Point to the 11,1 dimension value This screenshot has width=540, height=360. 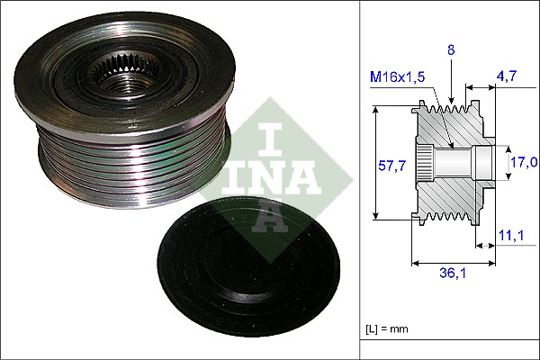pos(511,237)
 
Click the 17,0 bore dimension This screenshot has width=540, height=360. pos(524,163)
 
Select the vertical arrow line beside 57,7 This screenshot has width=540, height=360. pos(376,165)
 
